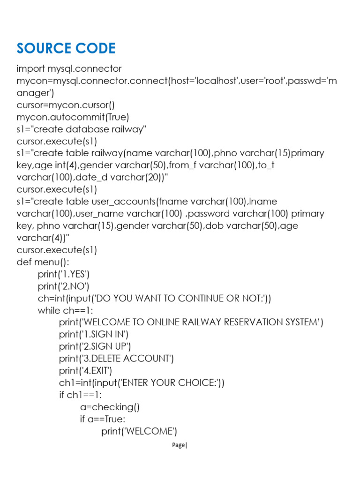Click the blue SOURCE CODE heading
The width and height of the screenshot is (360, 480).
click(x=66, y=48)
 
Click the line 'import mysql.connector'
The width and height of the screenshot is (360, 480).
click(x=69, y=68)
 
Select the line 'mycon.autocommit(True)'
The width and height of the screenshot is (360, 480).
click(x=73, y=117)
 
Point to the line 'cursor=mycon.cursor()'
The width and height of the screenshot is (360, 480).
click(x=66, y=105)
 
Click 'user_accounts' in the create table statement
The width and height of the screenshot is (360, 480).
click(x=124, y=202)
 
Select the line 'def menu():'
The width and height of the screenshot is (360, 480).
click(x=43, y=262)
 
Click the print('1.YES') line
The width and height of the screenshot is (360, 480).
click(x=64, y=274)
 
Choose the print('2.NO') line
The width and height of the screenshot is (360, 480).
click(x=63, y=286)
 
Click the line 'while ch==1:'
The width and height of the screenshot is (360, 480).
click(x=65, y=310)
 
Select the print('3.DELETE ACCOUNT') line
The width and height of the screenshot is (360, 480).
click(x=116, y=359)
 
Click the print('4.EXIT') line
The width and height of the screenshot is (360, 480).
click(x=85, y=371)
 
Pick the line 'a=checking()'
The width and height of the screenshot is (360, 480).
click(x=110, y=407)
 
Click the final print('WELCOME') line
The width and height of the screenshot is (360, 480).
click(x=139, y=431)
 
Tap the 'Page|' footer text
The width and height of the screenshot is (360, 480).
click(x=180, y=445)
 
